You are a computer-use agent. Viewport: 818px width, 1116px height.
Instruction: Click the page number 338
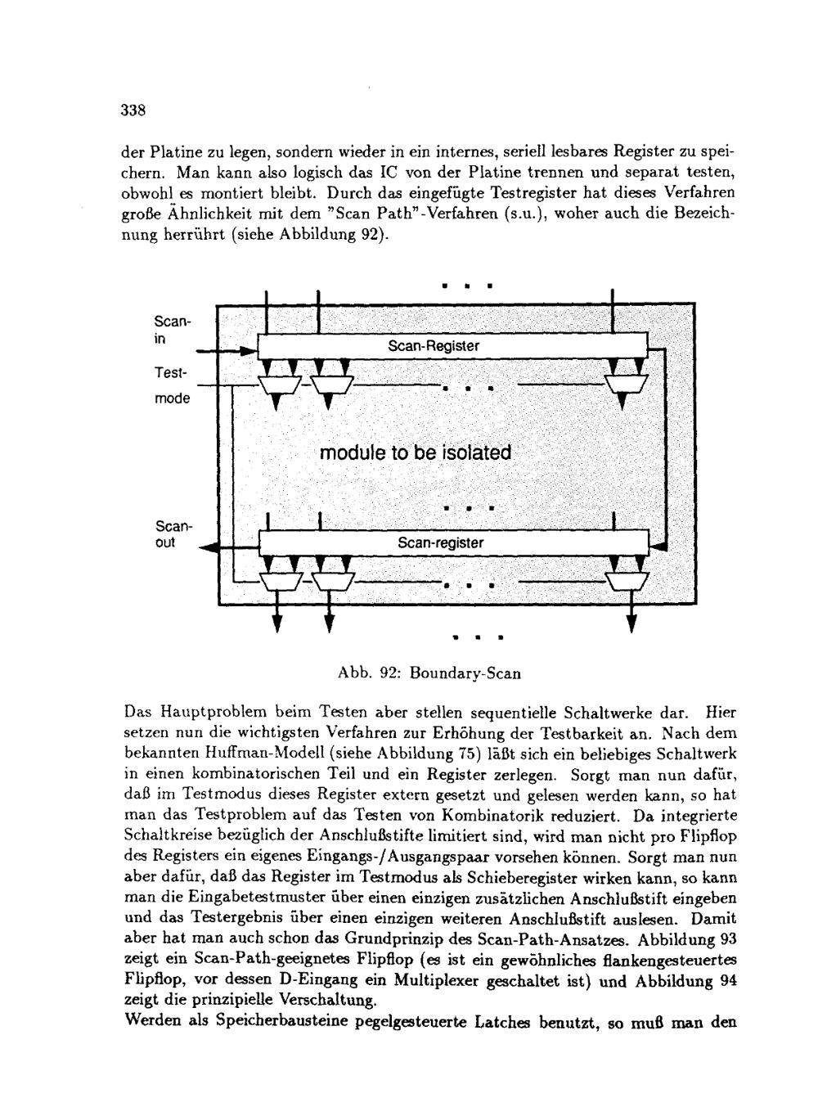click(x=132, y=110)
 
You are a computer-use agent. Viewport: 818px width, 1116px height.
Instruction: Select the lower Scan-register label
click(x=440, y=543)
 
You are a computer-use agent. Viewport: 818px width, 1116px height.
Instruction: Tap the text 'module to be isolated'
click(x=415, y=453)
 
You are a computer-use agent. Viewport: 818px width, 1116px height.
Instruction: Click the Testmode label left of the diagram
click(x=171, y=385)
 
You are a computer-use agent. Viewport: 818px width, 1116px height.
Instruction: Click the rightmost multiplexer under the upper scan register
click(x=624, y=383)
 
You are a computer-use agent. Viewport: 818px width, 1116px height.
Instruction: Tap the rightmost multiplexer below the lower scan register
click(x=627, y=580)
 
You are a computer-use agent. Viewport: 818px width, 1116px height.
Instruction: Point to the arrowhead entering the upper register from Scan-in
click(x=249, y=351)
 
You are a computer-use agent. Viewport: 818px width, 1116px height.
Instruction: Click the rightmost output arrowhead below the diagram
click(x=631, y=624)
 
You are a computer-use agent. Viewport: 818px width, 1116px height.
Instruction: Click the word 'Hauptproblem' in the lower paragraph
click(x=203, y=713)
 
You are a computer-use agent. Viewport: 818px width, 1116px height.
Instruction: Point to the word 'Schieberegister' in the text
click(x=475, y=877)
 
